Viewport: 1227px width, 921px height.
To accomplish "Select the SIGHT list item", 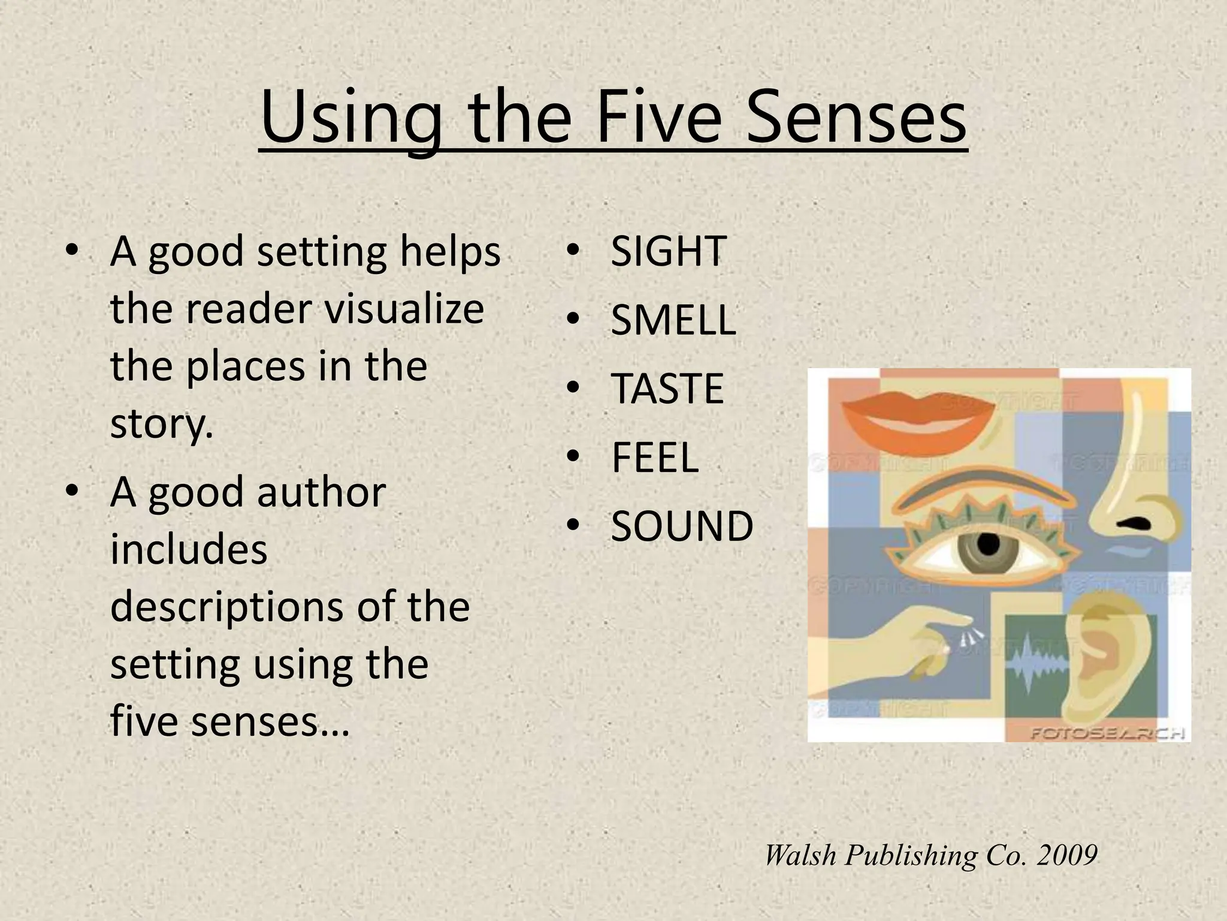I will [668, 251].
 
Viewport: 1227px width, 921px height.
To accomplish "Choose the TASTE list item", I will [667, 389].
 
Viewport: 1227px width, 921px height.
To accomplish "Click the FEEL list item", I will [654, 458].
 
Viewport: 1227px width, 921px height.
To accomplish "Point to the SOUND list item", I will [681, 526].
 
